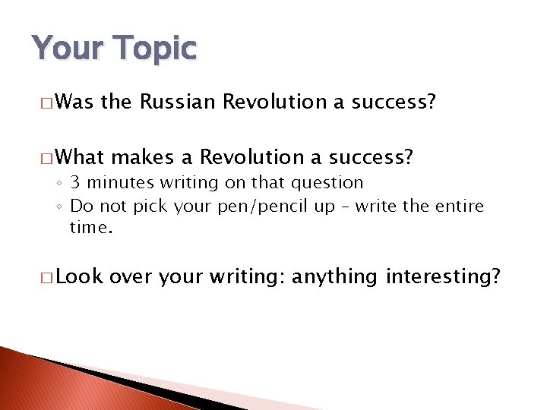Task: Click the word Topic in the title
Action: coord(157,49)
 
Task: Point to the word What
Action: coord(80,157)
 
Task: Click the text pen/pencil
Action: coord(249,207)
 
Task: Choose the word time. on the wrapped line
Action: coord(91,227)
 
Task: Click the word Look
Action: coord(79,277)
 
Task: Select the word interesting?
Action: coord(444,277)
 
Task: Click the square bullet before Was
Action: coord(47,102)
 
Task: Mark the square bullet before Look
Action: coord(47,278)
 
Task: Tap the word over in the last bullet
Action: coord(132,277)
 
